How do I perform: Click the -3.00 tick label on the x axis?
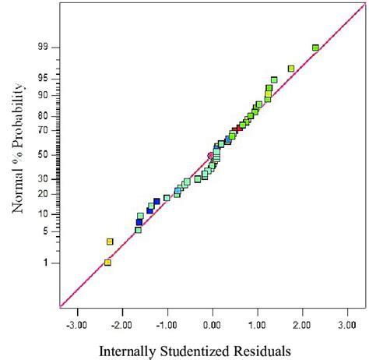77,321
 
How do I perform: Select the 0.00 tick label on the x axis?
213,321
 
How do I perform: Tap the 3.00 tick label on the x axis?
348,321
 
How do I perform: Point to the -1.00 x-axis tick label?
167,321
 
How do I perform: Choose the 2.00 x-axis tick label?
303,321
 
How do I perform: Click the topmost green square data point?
315,48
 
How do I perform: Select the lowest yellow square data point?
107,263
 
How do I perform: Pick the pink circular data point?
210,155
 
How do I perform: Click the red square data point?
236,129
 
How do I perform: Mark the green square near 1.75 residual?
291,69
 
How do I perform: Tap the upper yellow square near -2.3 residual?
110,242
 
